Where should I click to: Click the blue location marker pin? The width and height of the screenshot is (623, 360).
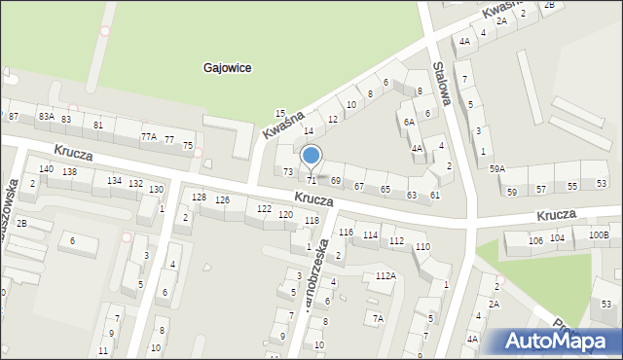(311, 156)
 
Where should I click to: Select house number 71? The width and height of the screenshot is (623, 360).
(311, 181)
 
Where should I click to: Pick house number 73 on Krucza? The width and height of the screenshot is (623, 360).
(288, 171)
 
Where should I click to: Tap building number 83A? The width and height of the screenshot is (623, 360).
(46, 116)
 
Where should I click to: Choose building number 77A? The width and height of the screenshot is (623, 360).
(148, 137)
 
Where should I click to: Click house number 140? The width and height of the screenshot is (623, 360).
(46, 169)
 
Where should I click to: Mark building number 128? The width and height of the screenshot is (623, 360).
(199, 198)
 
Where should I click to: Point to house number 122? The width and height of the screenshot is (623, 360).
(264, 209)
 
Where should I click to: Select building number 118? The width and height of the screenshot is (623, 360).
(311, 221)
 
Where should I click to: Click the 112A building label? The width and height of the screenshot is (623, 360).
(385, 276)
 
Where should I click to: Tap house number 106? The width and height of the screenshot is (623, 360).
(535, 239)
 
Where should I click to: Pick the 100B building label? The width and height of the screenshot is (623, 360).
(598, 235)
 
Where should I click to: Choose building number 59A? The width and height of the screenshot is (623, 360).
(497, 169)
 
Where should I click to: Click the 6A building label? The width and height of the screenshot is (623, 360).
(409, 122)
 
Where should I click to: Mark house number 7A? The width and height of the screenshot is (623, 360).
(378, 318)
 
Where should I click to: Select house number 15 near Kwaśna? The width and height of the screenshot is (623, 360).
(280, 114)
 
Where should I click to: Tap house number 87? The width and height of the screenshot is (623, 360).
(13, 116)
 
